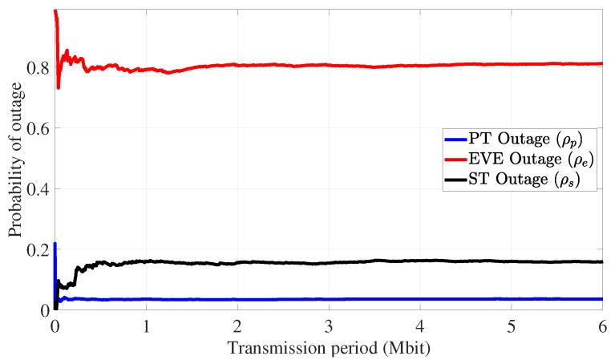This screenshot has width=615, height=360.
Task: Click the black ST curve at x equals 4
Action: click(x=420, y=261)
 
